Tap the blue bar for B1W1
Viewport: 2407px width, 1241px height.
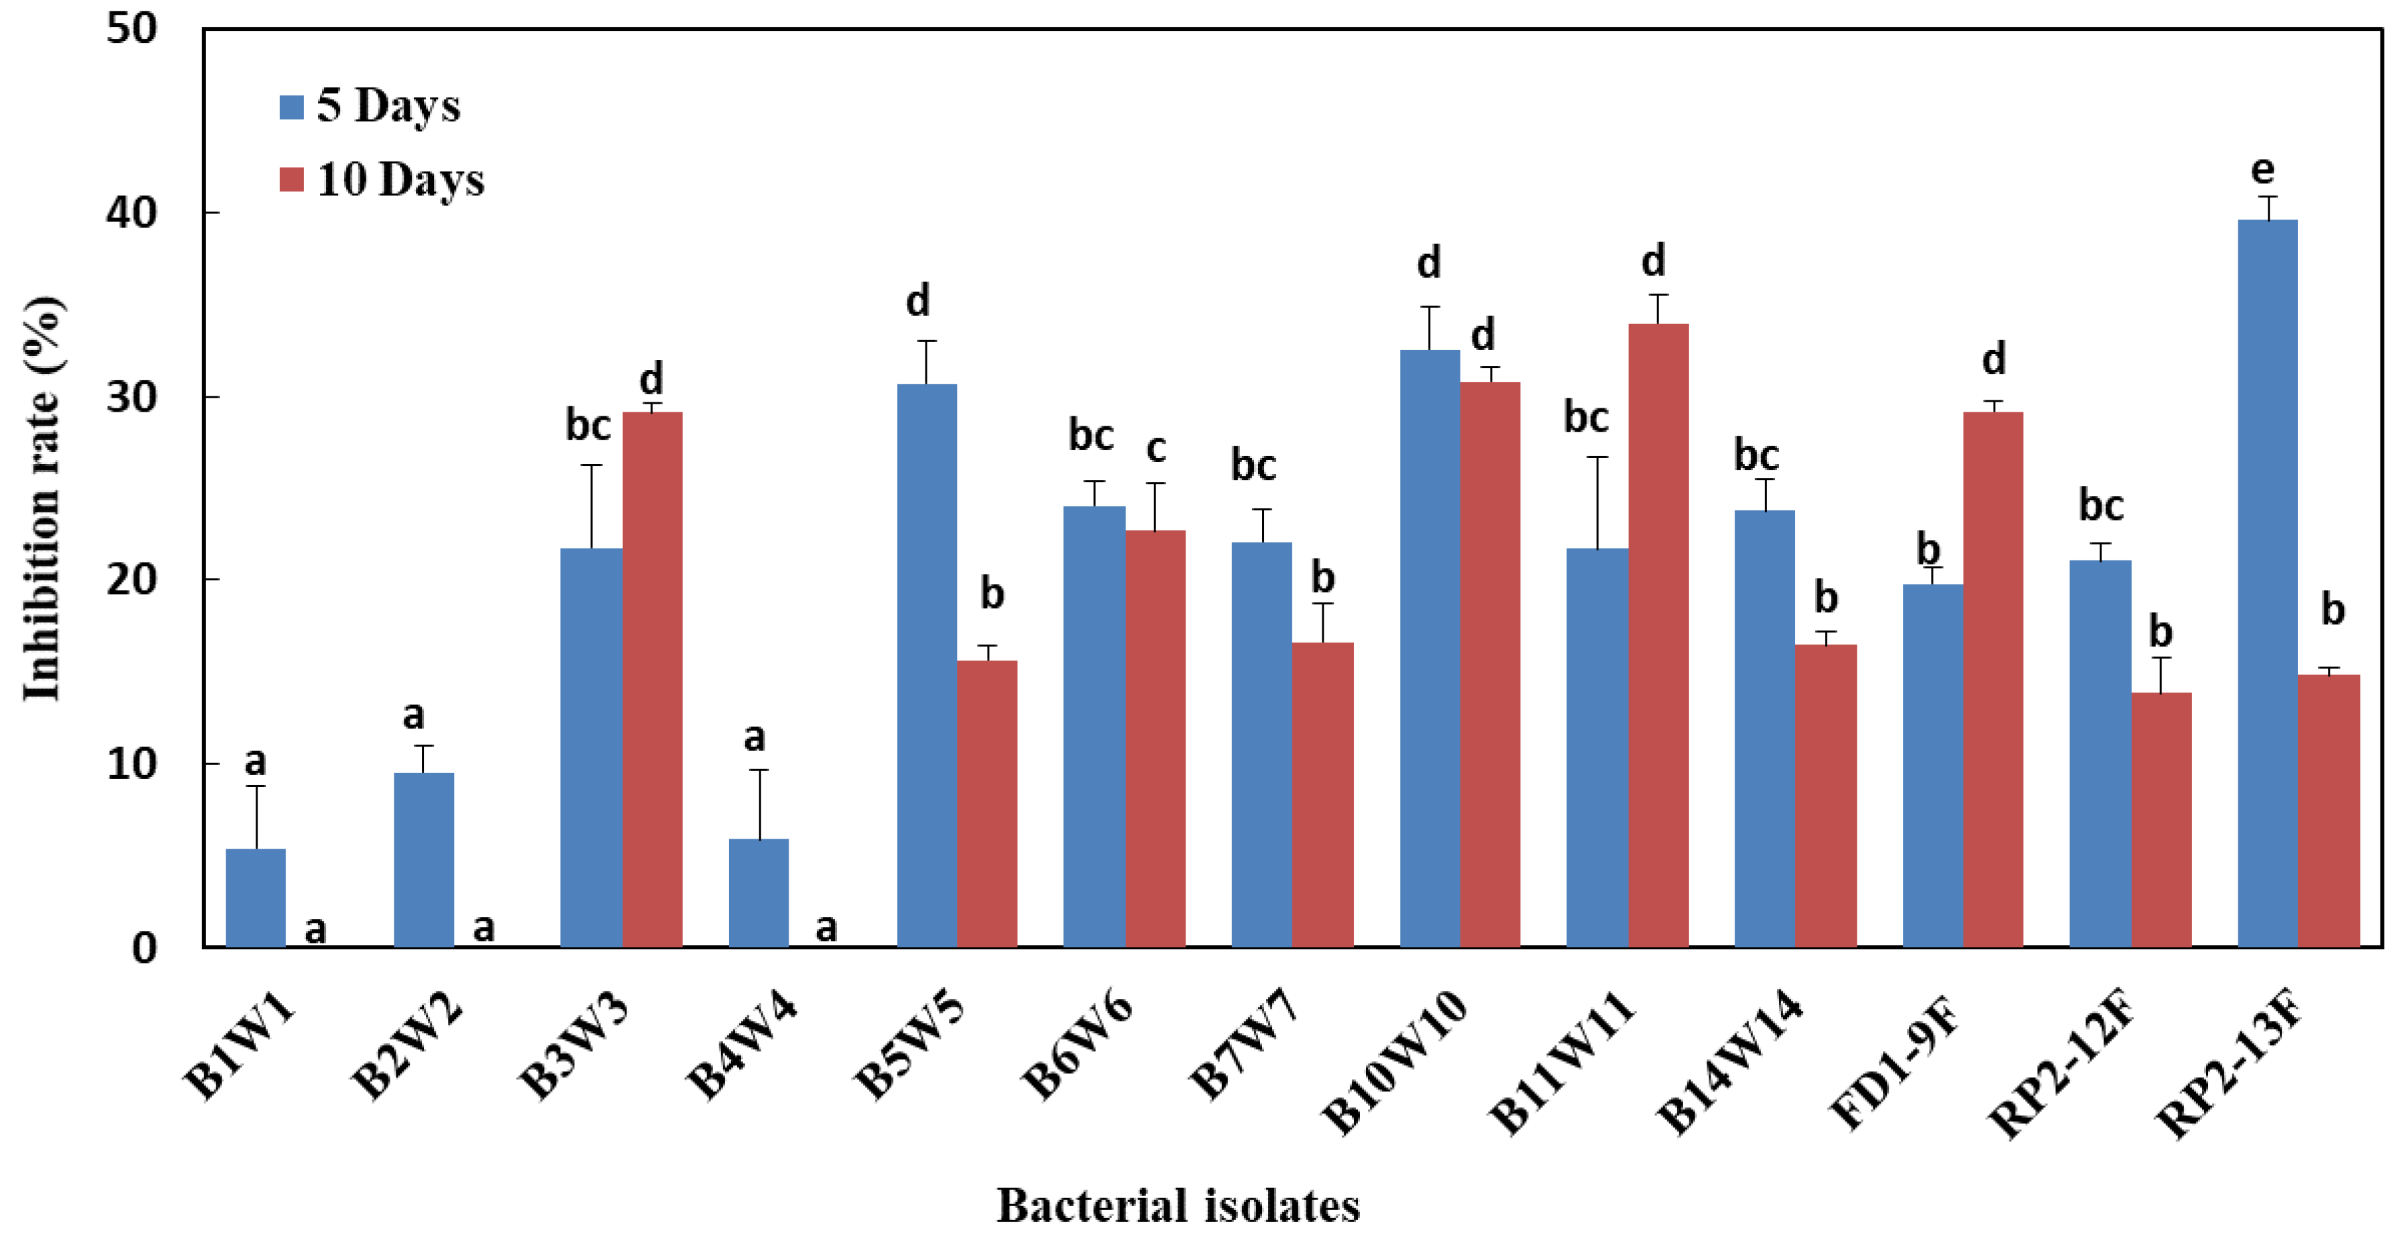[x=255, y=897]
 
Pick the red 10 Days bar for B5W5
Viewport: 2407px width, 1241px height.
[x=986, y=803]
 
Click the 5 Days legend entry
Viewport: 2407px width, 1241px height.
[x=370, y=106]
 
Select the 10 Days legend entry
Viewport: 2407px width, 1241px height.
[x=382, y=179]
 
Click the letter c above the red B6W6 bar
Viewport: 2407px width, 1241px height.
[x=1156, y=450]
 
